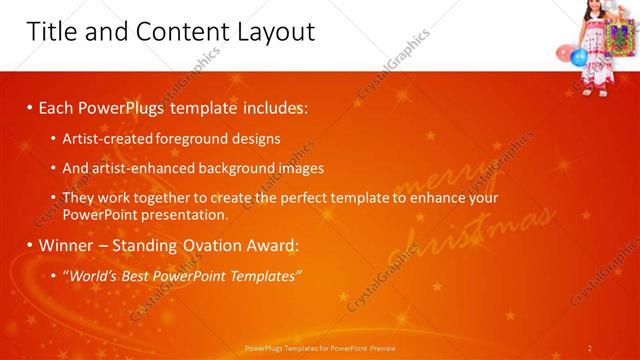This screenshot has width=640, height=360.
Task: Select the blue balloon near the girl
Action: (x=579, y=57)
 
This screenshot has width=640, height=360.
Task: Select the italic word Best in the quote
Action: (x=133, y=275)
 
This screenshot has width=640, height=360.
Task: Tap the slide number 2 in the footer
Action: (x=589, y=348)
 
